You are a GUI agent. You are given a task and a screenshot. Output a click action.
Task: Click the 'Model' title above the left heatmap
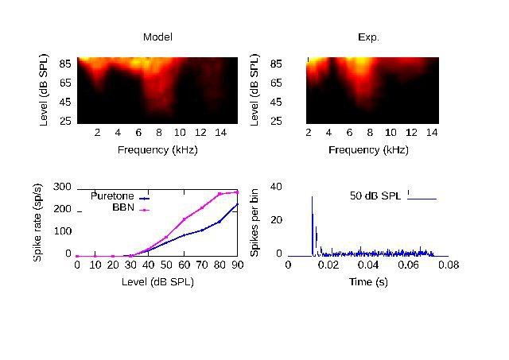(x=157, y=37)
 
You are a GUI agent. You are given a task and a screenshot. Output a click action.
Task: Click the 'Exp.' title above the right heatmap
(x=368, y=37)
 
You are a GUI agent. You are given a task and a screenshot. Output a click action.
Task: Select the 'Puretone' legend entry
(x=112, y=195)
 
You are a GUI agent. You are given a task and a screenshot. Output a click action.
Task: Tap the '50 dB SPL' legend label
(x=376, y=195)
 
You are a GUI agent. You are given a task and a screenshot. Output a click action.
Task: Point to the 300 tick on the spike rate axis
(x=63, y=187)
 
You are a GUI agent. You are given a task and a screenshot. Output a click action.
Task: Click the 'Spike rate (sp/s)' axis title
(x=37, y=223)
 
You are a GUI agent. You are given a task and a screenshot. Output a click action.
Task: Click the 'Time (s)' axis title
(x=368, y=282)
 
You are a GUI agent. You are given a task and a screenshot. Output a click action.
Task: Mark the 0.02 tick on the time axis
(x=328, y=265)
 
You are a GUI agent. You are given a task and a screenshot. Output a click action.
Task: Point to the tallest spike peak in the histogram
(x=312, y=197)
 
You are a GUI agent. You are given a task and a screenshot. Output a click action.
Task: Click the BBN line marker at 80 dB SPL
(x=220, y=194)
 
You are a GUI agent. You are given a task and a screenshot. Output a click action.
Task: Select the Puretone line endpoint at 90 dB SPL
(x=237, y=205)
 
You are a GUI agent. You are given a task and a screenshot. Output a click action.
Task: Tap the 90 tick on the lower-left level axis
(x=237, y=265)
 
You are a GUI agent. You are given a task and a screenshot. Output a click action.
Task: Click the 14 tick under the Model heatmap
(x=222, y=132)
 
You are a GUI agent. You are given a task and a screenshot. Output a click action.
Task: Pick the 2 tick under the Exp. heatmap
(x=309, y=132)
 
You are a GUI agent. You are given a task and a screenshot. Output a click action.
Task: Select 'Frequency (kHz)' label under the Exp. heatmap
(x=368, y=149)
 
